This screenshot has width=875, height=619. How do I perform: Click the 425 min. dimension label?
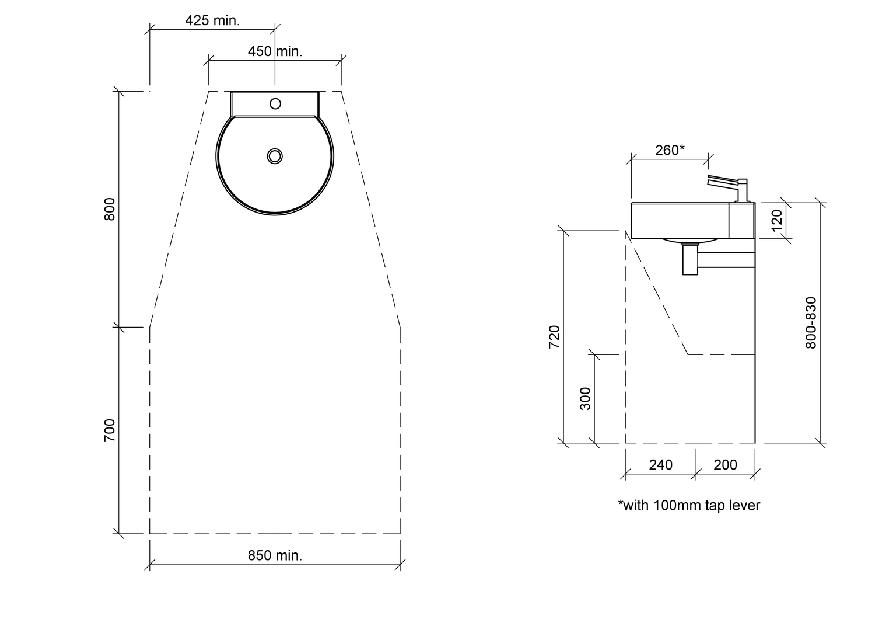pos(212,20)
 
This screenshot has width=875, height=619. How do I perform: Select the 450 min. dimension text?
pos(275,51)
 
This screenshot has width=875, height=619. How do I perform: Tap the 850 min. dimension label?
pos(275,555)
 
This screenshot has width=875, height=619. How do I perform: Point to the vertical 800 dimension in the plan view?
pos(110,209)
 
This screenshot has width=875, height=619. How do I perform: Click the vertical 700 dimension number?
pos(110,430)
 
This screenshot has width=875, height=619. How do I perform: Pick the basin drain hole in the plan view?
pos(275,156)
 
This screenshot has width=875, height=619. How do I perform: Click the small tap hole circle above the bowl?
pos(275,103)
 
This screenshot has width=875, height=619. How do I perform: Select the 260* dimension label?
pos(670,149)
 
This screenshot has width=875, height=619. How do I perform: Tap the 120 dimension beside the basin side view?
pos(778,221)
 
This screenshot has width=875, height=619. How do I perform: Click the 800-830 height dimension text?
pos(811,322)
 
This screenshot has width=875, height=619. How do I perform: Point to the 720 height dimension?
pos(554,337)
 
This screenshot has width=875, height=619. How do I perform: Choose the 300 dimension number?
pos(585,398)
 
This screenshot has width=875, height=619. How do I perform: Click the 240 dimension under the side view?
pos(660,465)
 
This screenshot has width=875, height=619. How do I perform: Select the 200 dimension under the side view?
pos(726,465)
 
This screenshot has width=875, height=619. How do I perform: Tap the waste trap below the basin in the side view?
pos(690,259)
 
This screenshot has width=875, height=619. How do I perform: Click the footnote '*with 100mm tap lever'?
pos(689,506)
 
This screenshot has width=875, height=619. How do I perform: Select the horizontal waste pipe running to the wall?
pos(726,260)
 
